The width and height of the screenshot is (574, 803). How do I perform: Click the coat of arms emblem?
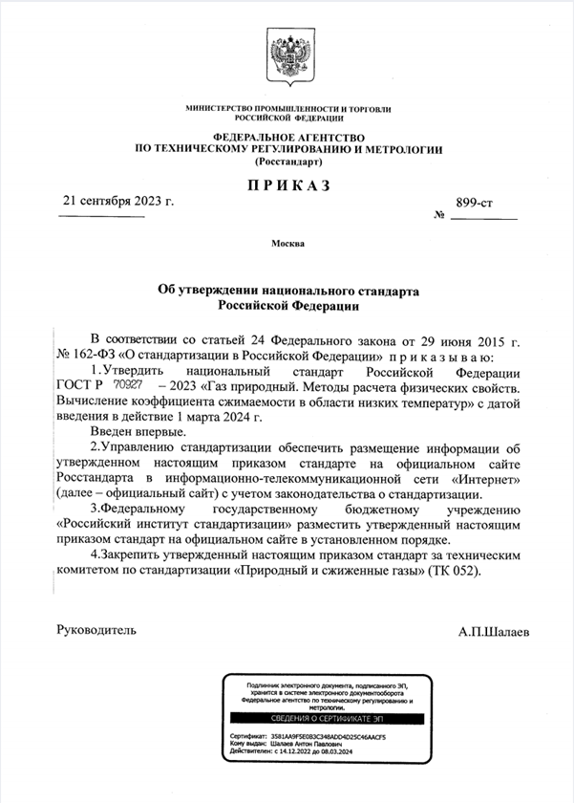point(287,57)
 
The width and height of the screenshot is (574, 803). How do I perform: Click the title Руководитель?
point(96,630)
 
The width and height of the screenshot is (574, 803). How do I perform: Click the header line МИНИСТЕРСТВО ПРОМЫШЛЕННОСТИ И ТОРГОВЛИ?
point(287,109)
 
